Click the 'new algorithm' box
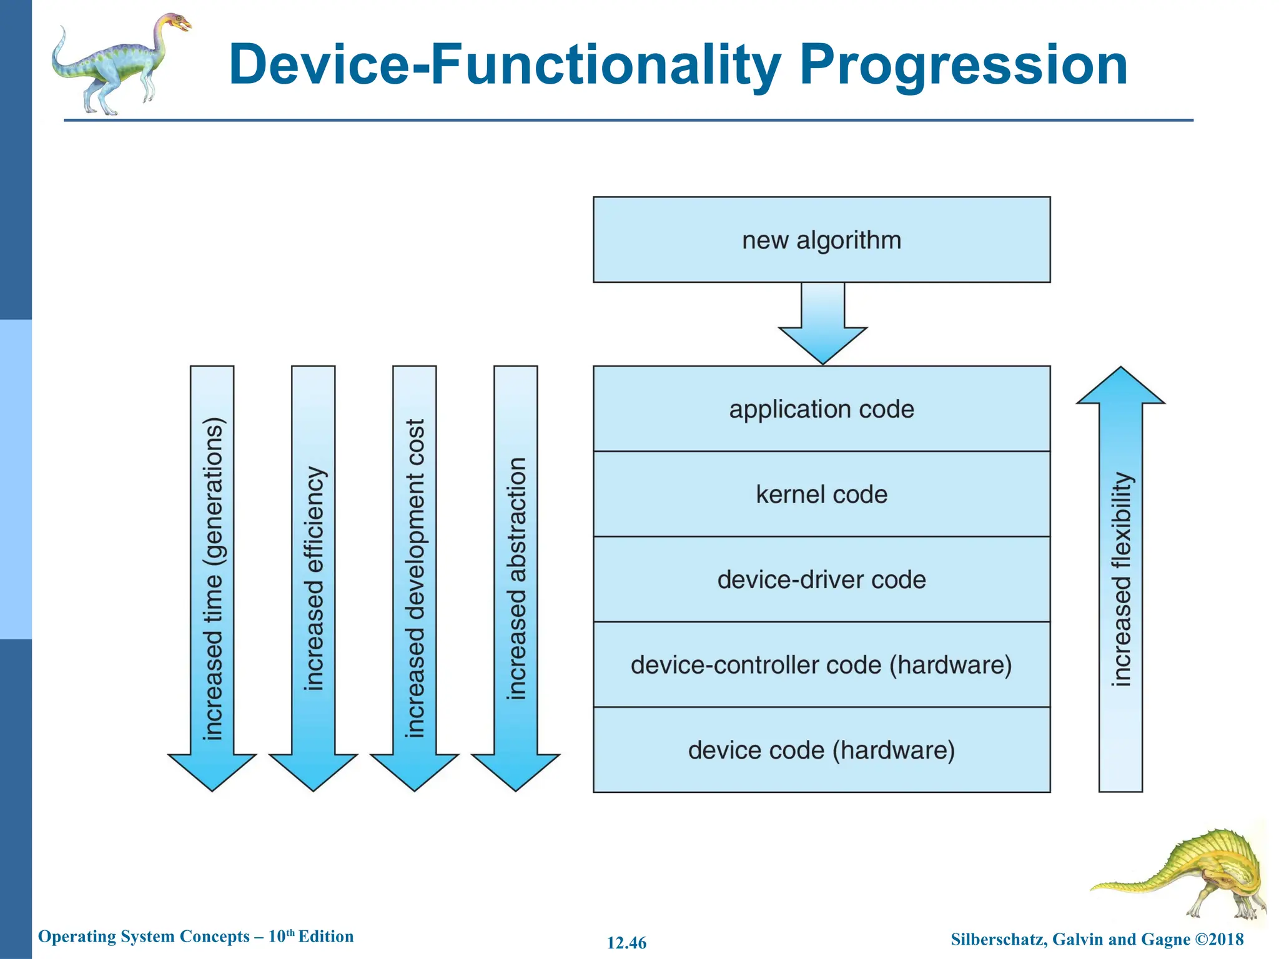pyautogui.click(x=821, y=240)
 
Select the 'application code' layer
pyautogui.click(x=821, y=409)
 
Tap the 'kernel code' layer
pyautogui.click(x=821, y=494)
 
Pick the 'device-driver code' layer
pyautogui.click(x=821, y=579)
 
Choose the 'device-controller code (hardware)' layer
pyautogui.click(x=821, y=664)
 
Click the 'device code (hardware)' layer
pyautogui.click(x=821, y=750)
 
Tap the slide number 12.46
pyautogui.click(x=626, y=943)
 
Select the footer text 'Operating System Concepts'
pyautogui.click(x=144, y=937)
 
